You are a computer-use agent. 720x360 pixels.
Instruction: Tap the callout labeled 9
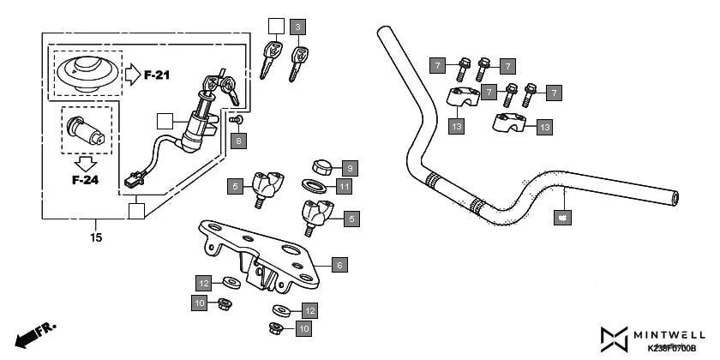tap(350, 166)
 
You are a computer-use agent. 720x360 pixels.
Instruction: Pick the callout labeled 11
tap(343, 186)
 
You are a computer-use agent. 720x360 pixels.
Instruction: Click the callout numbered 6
tap(339, 266)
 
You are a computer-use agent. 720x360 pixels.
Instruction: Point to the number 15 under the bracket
tap(95, 237)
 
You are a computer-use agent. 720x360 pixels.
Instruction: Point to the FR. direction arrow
tap(33, 334)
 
